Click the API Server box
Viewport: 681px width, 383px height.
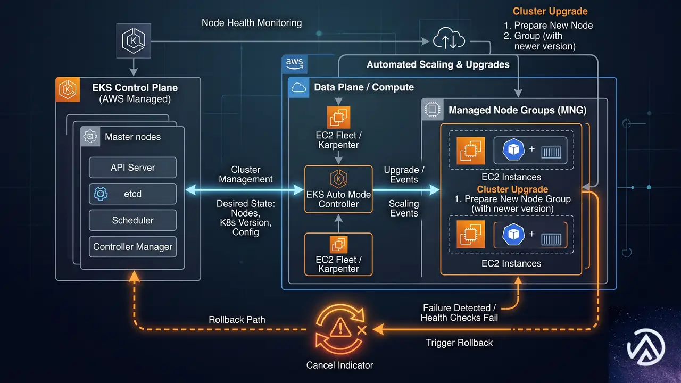132,168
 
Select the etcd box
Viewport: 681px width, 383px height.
132,194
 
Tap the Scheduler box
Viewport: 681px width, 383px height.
132,220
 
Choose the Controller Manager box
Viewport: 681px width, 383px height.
132,247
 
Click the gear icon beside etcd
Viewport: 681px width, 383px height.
101,194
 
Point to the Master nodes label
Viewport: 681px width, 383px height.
132,137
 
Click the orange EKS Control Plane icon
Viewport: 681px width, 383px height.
68,90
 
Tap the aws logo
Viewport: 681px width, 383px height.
294,64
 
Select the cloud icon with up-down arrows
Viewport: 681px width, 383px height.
449,39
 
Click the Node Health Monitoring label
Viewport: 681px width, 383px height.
252,23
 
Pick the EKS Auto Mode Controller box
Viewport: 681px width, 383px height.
338,189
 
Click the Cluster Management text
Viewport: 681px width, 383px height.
246,174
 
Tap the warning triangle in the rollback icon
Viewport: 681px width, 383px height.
340,328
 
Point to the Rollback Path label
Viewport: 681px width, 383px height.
237,320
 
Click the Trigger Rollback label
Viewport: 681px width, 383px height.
459,343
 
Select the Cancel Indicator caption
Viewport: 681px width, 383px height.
339,365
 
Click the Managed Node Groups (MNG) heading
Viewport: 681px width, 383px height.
518,110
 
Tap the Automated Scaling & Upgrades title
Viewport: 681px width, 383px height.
438,64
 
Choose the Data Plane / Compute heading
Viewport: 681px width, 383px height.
364,87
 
